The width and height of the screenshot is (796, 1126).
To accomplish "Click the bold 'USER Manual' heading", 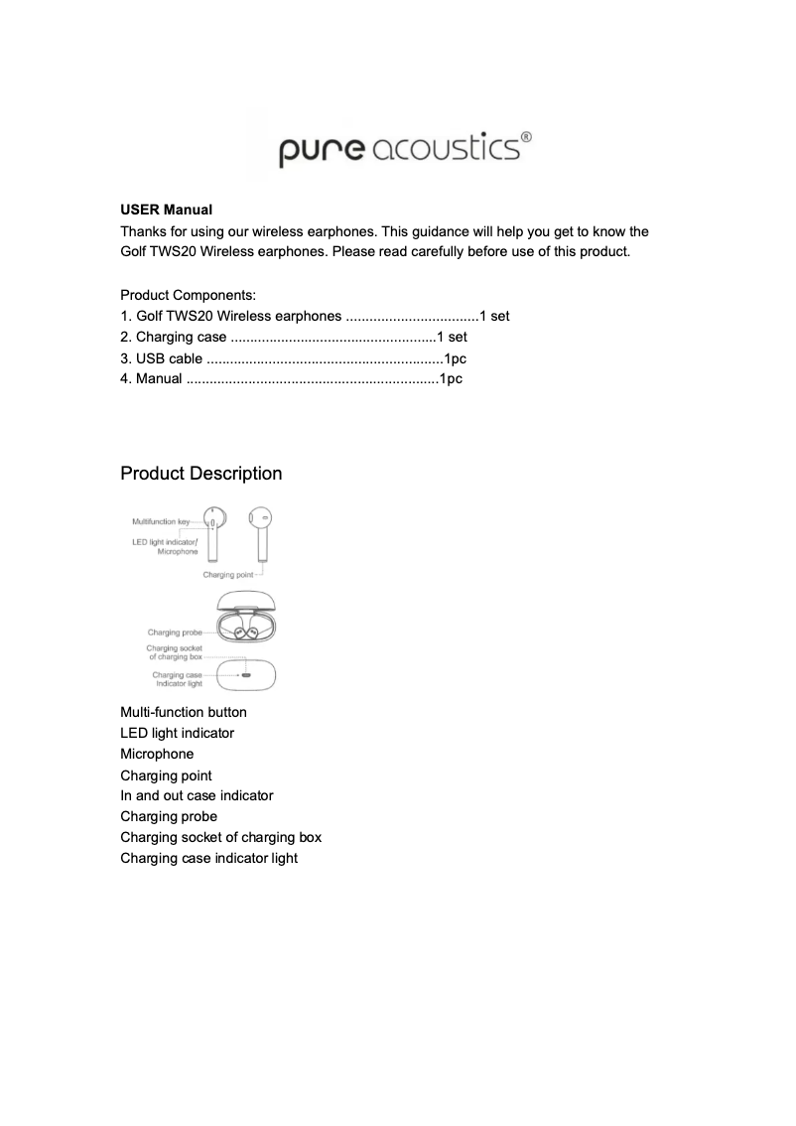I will click(x=166, y=211).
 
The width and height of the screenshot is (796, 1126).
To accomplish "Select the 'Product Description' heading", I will click(x=200, y=474).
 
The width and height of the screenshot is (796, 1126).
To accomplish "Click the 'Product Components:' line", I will click(x=188, y=295).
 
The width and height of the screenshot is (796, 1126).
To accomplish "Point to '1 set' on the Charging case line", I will click(x=452, y=337).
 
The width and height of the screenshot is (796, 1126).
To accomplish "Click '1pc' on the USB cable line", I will click(x=455, y=357).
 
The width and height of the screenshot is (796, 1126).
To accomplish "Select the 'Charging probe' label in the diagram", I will click(x=175, y=633).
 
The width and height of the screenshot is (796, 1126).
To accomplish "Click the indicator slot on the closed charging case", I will click(x=245, y=674).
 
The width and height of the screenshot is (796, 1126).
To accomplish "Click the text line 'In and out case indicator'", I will click(x=197, y=795).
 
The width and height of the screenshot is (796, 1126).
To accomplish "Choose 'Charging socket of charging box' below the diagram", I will click(x=220, y=837).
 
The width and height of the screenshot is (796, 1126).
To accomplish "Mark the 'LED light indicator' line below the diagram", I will click(x=177, y=733).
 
